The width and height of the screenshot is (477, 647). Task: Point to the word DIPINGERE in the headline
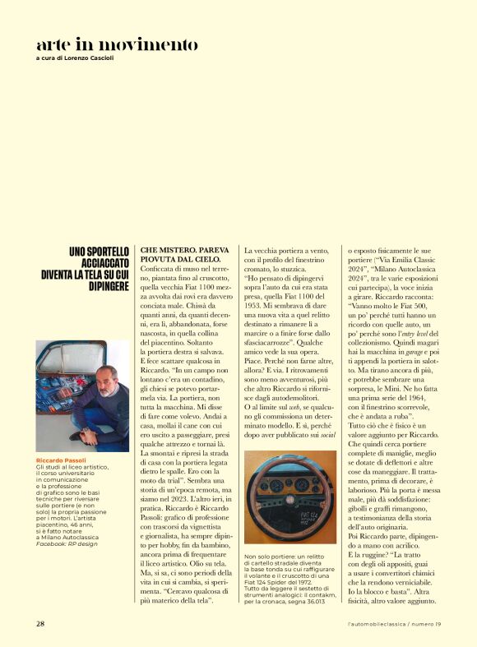(108, 287)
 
